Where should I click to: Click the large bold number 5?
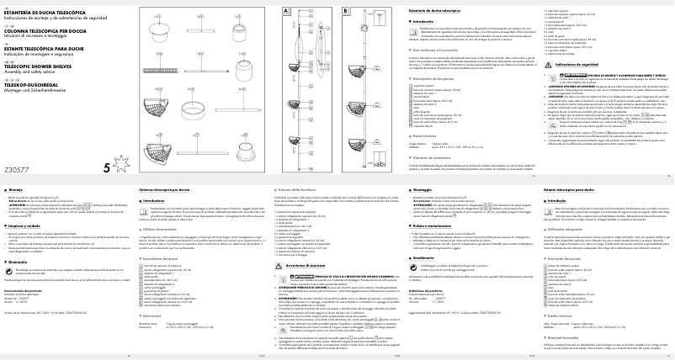coord(105,167)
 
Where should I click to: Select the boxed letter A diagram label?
coord(285,8)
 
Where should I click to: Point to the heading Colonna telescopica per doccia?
coord(164,192)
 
